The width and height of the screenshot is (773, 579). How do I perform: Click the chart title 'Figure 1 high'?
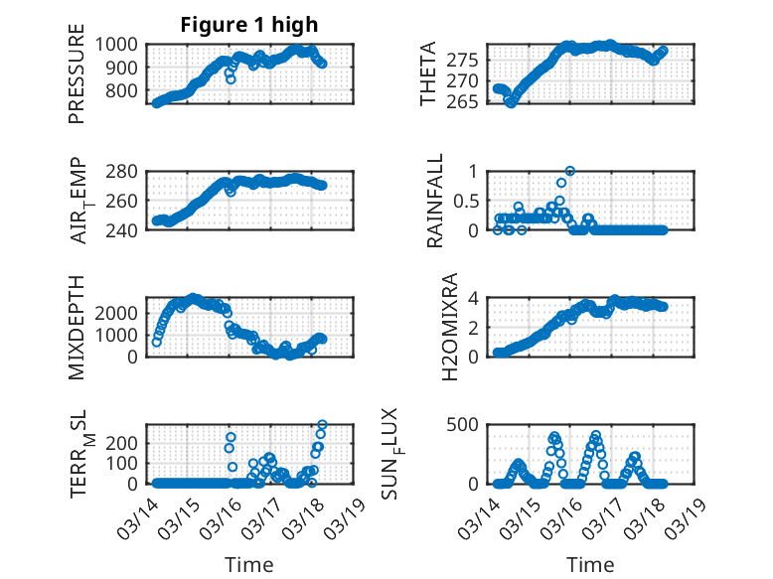point(249,26)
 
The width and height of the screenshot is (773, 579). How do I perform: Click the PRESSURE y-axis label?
point(77,79)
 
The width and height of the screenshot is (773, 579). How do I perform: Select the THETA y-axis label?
point(428,74)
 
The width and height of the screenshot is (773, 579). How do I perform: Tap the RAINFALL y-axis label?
point(435,202)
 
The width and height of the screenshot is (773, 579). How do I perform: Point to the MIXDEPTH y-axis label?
point(77,327)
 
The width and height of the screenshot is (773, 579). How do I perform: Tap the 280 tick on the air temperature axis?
point(126,172)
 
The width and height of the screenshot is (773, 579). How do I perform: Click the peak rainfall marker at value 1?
point(570,171)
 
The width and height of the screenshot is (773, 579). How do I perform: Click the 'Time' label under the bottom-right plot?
point(589,564)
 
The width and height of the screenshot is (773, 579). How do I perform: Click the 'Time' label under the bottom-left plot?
point(248,564)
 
